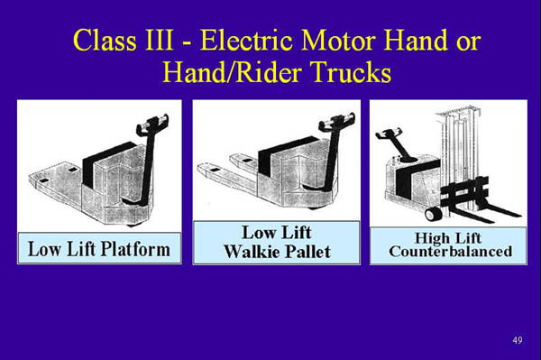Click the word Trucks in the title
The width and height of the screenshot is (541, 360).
(x=354, y=73)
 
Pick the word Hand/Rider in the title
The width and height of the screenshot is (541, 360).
(x=235, y=73)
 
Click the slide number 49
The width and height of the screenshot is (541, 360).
(x=517, y=339)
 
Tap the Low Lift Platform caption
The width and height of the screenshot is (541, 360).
(x=99, y=247)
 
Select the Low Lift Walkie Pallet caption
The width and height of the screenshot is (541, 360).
(x=276, y=242)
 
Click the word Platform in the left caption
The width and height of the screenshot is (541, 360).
(x=138, y=247)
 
